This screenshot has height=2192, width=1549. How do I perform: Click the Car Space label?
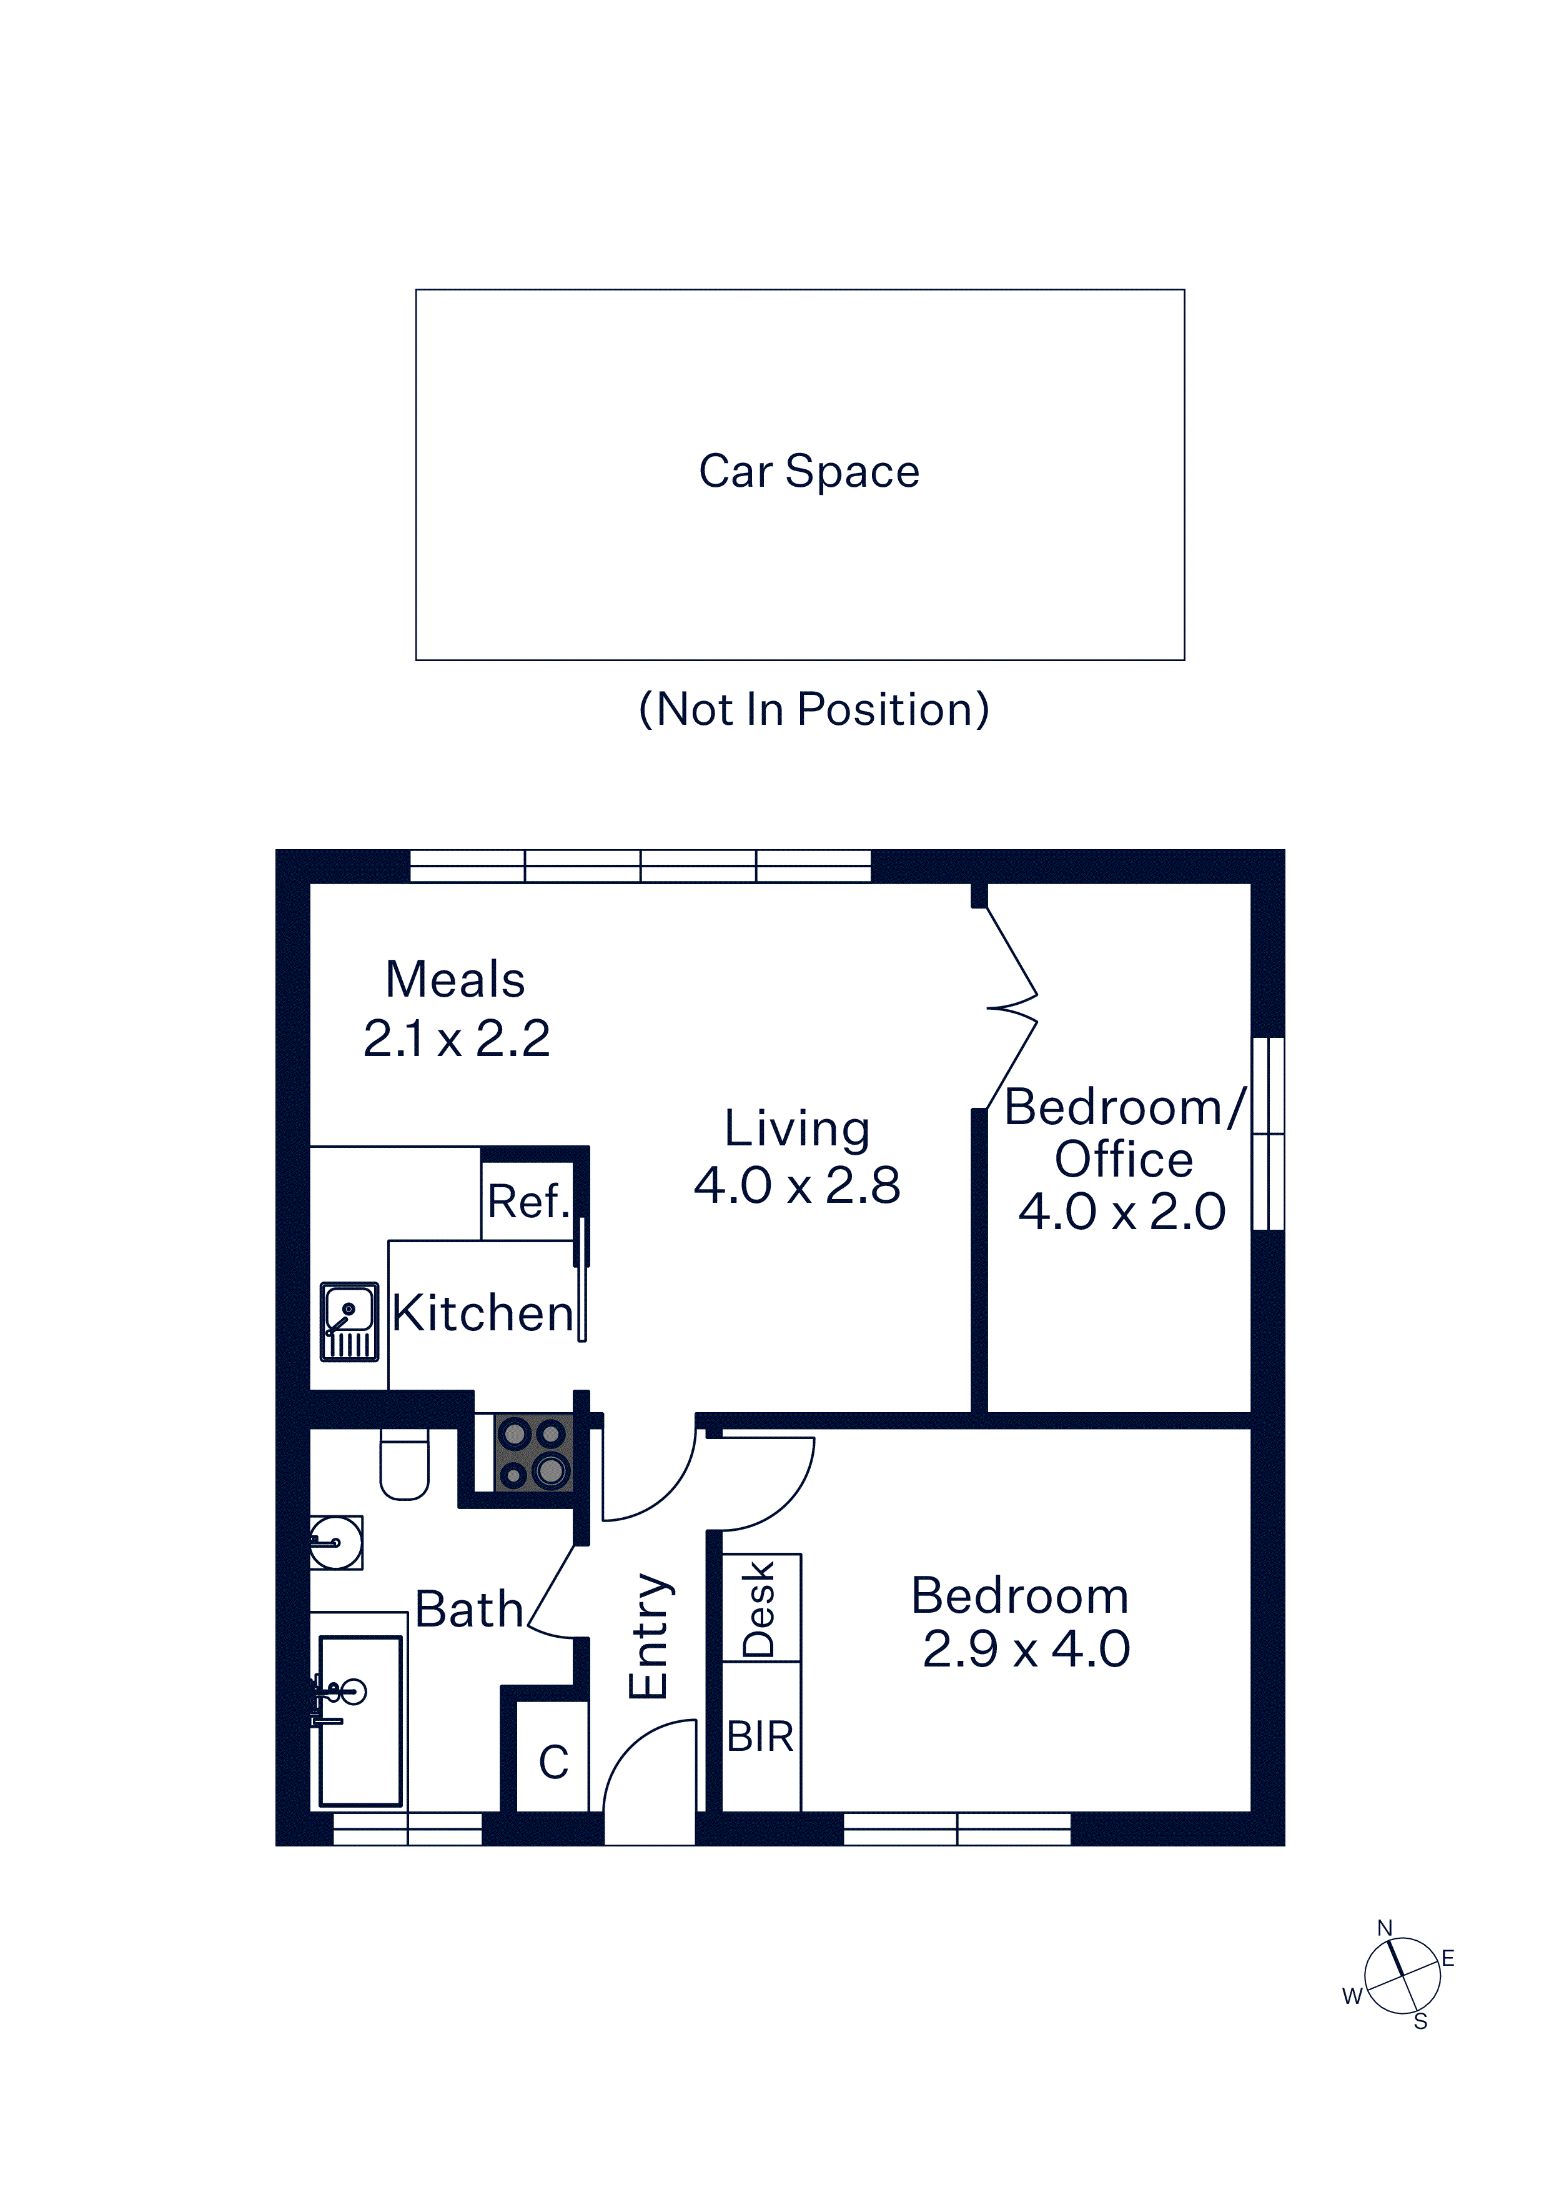tap(809, 472)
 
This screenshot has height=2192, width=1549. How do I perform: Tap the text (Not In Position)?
tap(814, 709)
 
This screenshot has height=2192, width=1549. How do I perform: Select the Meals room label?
tap(455, 980)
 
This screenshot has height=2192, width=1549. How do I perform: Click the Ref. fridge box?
tap(528, 1200)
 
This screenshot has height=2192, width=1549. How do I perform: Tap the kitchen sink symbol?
tap(349, 1322)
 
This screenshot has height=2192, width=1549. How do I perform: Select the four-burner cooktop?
tap(533, 1453)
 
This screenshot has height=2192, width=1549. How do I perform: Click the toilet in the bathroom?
tap(405, 1463)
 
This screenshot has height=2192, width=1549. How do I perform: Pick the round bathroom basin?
tap(336, 1543)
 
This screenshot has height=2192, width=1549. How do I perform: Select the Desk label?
tap(760, 1608)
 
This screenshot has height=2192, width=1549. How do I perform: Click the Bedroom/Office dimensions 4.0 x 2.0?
tap(1122, 1212)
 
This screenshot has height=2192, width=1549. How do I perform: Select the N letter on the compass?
tap(1385, 1928)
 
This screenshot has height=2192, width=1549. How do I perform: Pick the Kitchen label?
tap(483, 1313)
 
